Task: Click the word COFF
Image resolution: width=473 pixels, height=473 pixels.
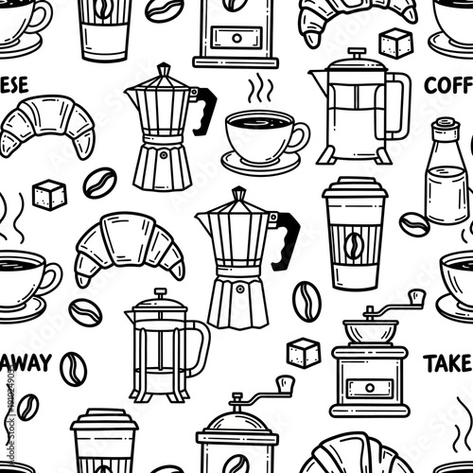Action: coord(447,85)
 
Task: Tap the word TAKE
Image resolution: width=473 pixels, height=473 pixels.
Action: coord(447,362)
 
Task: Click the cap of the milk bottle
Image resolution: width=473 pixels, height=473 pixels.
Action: coord(443,130)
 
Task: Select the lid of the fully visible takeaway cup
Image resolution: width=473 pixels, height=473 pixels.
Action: coord(354,189)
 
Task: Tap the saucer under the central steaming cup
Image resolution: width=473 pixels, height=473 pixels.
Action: coord(260,161)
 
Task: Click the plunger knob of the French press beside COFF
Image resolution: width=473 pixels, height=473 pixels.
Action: coord(357,53)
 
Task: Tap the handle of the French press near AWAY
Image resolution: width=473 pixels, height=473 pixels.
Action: coord(197,345)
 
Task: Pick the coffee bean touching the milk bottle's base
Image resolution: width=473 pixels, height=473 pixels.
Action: coord(413,224)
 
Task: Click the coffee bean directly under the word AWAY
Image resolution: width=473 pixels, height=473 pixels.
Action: coord(73,369)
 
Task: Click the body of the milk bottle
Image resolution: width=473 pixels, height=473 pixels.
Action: coord(443,189)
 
